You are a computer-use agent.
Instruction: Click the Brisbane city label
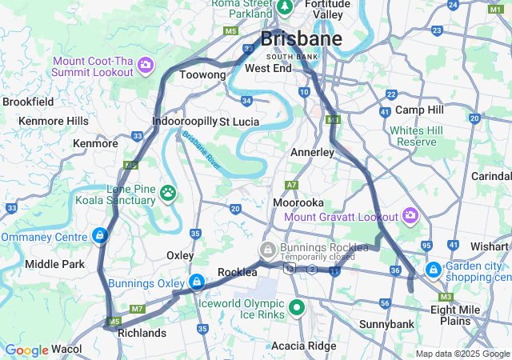click(x=302, y=38)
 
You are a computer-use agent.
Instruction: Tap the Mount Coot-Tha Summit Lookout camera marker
click(x=146, y=64)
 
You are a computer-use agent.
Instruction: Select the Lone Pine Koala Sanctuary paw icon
click(x=168, y=192)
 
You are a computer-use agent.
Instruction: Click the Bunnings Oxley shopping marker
click(x=196, y=282)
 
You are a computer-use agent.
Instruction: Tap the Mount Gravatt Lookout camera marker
click(x=410, y=215)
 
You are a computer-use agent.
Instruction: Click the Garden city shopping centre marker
click(x=433, y=270)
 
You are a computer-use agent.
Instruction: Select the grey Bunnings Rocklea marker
click(x=271, y=250)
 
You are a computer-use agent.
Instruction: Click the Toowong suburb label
click(x=202, y=75)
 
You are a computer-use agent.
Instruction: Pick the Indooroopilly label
click(x=184, y=122)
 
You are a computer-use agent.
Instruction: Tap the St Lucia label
click(x=236, y=122)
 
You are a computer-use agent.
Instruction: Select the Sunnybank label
click(x=386, y=324)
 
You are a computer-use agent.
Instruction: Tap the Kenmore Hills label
click(x=54, y=121)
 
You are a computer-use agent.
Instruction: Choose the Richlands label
click(x=142, y=332)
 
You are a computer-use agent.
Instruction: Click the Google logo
click(x=26, y=350)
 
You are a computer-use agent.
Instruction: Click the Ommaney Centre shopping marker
click(x=100, y=235)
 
